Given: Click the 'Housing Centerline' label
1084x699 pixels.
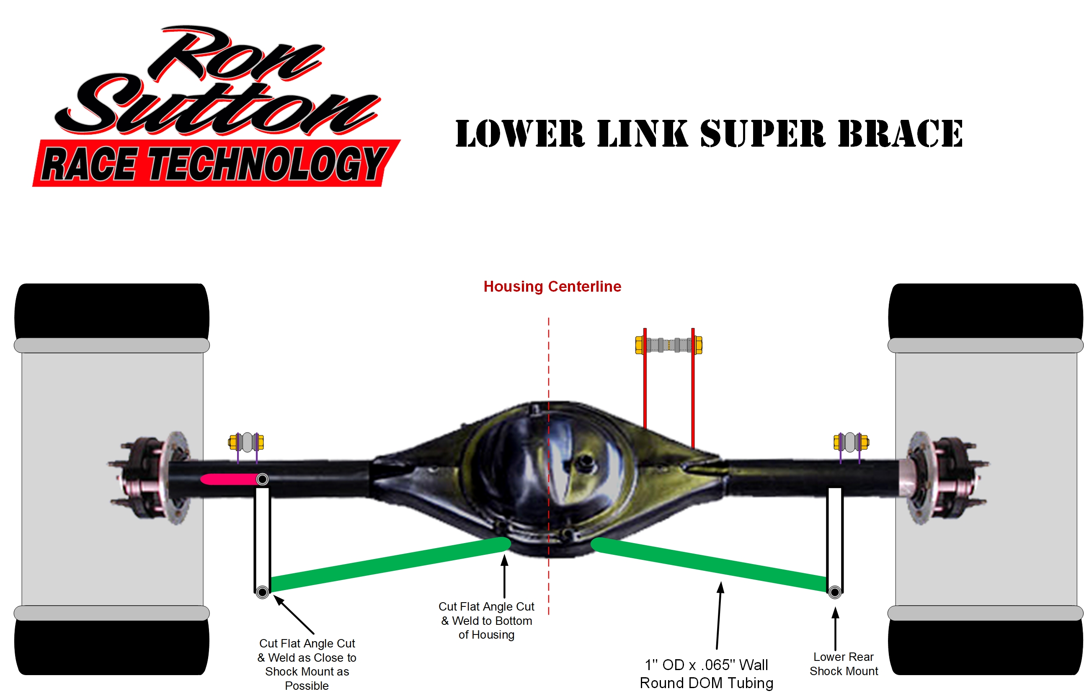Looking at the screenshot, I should pyautogui.click(x=552, y=286).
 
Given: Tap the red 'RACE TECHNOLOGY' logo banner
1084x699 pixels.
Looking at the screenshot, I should pyautogui.click(x=215, y=163).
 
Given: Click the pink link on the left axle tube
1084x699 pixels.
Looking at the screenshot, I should pyautogui.click(x=229, y=479).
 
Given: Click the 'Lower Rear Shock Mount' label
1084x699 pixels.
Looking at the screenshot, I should pyautogui.click(x=843, y=664).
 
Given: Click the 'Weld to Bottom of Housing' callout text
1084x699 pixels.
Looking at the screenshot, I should pyautogui.click(x=486, y=621).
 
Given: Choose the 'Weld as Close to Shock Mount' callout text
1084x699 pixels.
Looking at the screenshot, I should pyautogui.click(x=307, y=664).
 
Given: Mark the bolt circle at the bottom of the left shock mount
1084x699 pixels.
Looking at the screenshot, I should pyautogui.click(x=262, y=592).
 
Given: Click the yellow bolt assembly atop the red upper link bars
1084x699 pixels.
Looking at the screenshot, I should pyautogui.click(x=668, y=345).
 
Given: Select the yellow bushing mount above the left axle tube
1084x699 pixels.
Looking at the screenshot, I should pyautogui.click(x=246, y=442).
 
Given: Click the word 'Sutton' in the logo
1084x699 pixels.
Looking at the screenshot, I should pyautogui.click(x=218, y=107).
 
